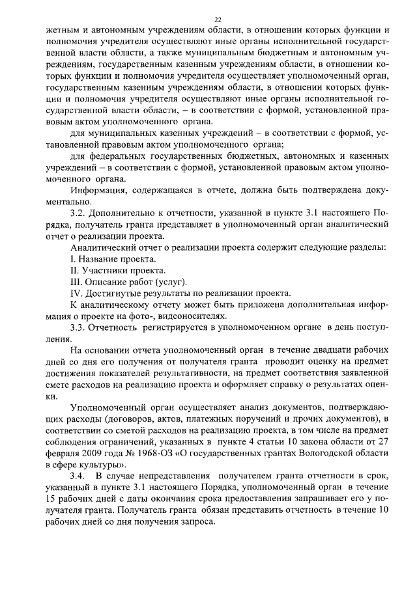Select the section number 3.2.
click(78, 213)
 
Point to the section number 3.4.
click(78, 478)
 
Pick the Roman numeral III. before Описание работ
click(76, 282)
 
